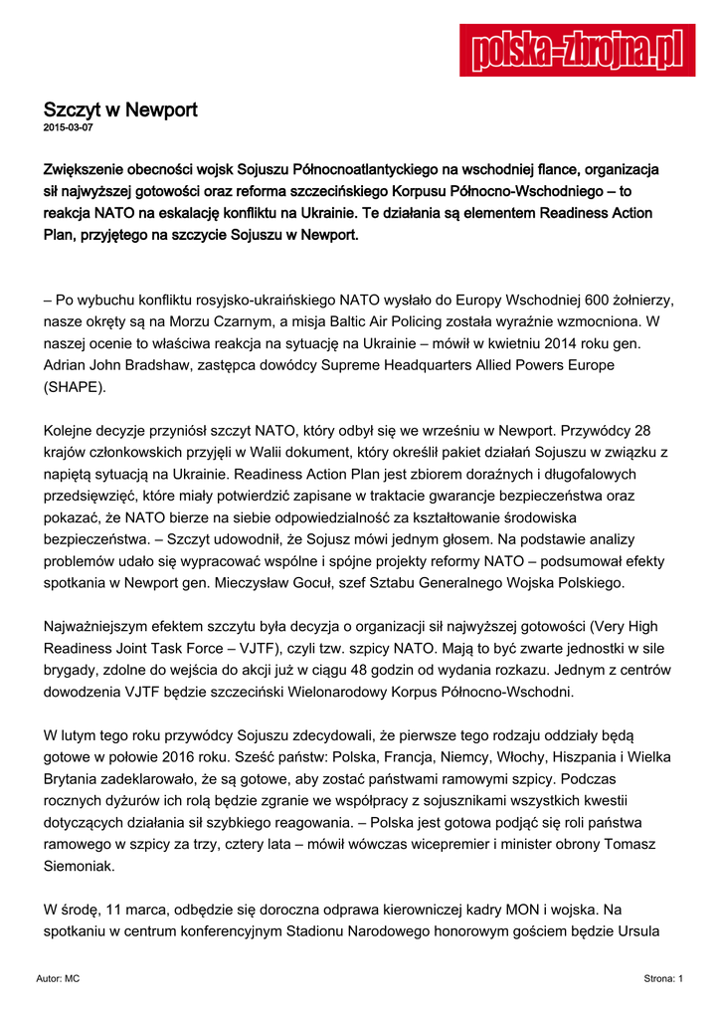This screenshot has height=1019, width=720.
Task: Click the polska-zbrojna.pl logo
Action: pyautogui.click(x=577, y=49)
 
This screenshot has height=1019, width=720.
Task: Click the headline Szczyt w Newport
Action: pyautogui.click(x=120, y=109)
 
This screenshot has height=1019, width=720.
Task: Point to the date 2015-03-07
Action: pyautogui.click(x=69, y=127)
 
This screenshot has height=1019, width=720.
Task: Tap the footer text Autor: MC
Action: pyautogui.click(x=58, y=979)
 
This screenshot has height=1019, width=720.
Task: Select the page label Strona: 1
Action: pyautogui.click(x=663, y=979)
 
